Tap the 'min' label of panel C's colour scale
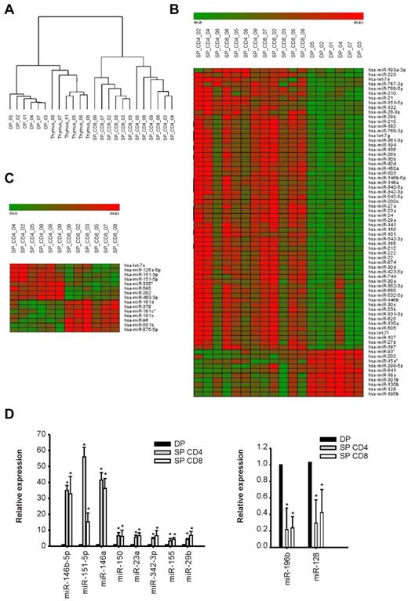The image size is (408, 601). [x=13, y=212]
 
